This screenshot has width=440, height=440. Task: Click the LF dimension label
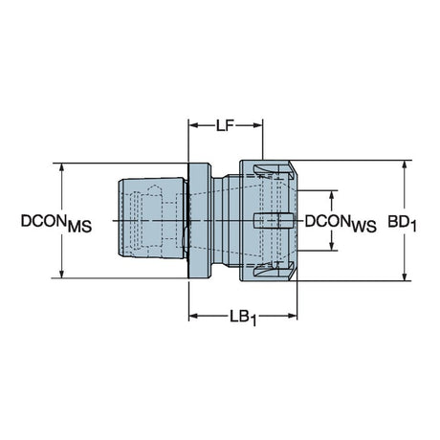pos(225,125)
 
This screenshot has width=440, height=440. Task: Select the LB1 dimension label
pos(243,318)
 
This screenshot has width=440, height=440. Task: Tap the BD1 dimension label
pos(402,223)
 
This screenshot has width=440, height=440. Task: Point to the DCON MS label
pos(56,223)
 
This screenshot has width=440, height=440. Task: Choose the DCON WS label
pos(341,223)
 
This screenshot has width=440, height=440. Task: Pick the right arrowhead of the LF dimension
pos(257,125)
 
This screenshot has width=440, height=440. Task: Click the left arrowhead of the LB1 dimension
pos(194,316)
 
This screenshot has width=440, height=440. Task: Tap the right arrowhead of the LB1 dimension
pos(292,316)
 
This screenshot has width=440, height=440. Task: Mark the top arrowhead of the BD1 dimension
pos(405,166)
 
